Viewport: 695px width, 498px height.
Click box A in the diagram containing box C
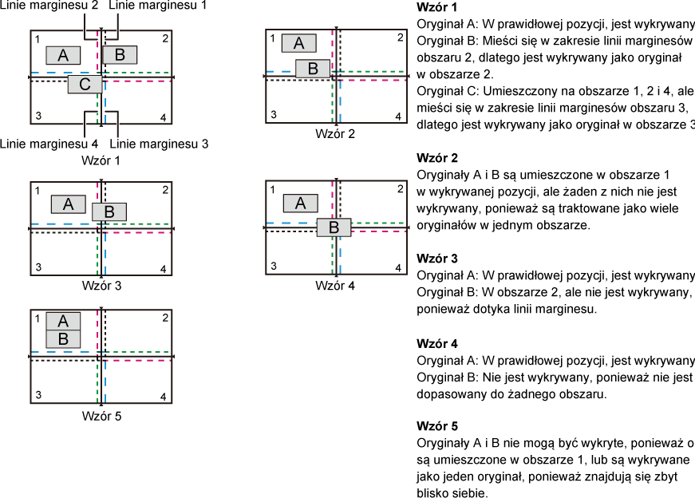[x=63, y=55]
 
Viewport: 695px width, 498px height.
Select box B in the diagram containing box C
[x=120, y=54]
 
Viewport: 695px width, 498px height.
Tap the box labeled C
[x=85, y=84]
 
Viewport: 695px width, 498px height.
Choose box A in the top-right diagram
[x=298, y=43]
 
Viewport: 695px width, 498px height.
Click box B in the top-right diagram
[x=313, y=69]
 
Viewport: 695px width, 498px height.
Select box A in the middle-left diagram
[x=68, y=204]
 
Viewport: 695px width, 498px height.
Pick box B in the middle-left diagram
[x=109, y=211]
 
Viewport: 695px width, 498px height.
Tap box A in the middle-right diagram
[x=300, y=204]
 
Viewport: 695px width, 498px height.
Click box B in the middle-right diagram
[x=334, y=227]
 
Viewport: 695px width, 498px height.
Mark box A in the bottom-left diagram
[x=63, y=321]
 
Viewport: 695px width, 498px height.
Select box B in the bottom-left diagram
[x=63, y=338]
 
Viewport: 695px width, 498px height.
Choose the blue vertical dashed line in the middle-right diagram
[x=340, y=255]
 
